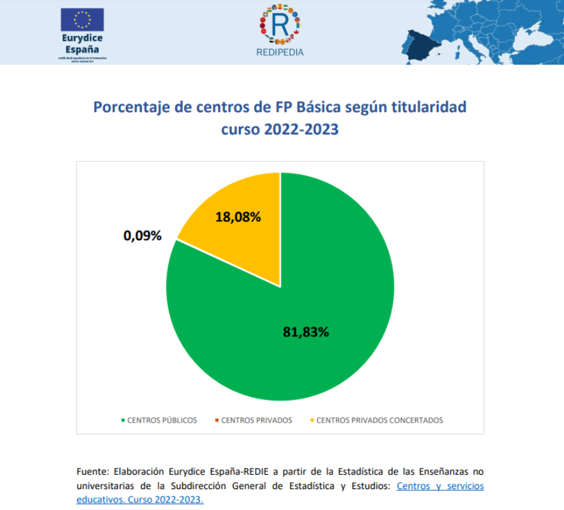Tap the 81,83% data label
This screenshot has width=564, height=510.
[x=305, y=332]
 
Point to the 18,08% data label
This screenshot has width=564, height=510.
[x=238, y=217]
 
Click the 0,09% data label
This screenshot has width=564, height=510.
[x=142, y=236]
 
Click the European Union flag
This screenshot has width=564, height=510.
[x=82, y=20]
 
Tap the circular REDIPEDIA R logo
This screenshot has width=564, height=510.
[x=279, y=24]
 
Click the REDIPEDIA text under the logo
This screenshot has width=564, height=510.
[x=280, y=53]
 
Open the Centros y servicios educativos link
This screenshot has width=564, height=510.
[x=440, y=486]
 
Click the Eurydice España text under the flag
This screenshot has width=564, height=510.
[x=82, y=44]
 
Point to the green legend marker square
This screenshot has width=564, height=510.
[x=123, y=421]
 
